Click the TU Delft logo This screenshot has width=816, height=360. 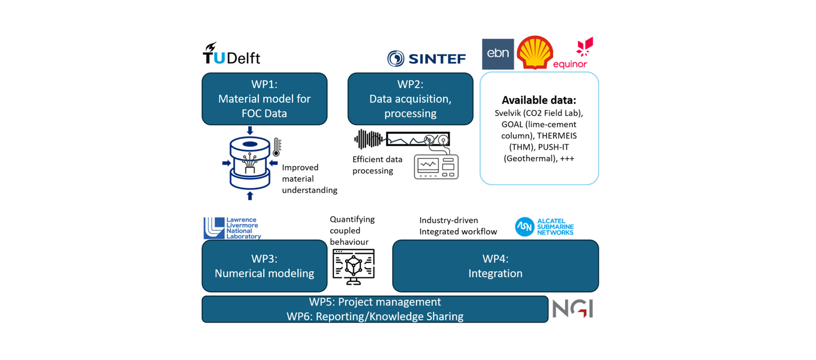231,54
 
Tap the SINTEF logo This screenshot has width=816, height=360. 426,58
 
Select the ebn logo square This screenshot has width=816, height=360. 498,54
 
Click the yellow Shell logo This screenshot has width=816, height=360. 535,52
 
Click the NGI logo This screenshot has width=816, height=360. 572,309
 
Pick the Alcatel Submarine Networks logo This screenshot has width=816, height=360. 544,227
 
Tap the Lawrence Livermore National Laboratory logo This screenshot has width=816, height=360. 232,228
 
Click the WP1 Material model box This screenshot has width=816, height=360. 265,99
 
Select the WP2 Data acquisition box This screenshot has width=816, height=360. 410,99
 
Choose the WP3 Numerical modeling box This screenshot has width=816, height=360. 265,266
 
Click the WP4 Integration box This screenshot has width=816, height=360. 495,266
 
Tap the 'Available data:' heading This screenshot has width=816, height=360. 539,100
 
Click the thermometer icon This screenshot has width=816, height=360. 277,147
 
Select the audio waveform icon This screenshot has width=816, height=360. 368,139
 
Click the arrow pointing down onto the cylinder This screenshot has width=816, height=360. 250,130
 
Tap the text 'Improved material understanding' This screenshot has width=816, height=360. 309,179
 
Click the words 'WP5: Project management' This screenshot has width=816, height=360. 375,302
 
